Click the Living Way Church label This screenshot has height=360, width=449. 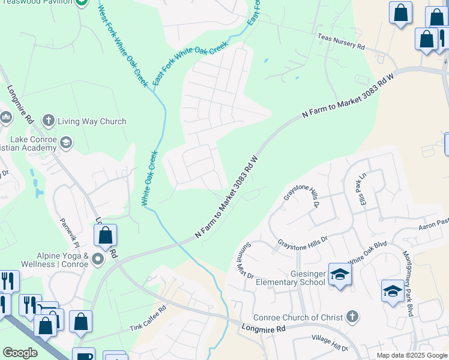click(x=92, y=121)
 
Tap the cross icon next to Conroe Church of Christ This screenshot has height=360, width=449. click(x=352, y=316)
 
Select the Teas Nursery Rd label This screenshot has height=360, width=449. click(x=342, y=41)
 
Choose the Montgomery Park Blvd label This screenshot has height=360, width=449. click(x=409, y=283)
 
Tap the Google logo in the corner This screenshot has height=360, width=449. click(x=20, y=353)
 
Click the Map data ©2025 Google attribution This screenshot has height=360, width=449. click(x=412, y=355)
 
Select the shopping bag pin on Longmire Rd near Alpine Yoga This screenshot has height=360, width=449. click(x=105, y=236)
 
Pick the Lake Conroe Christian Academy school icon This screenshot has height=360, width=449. click(x=65, y=142)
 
